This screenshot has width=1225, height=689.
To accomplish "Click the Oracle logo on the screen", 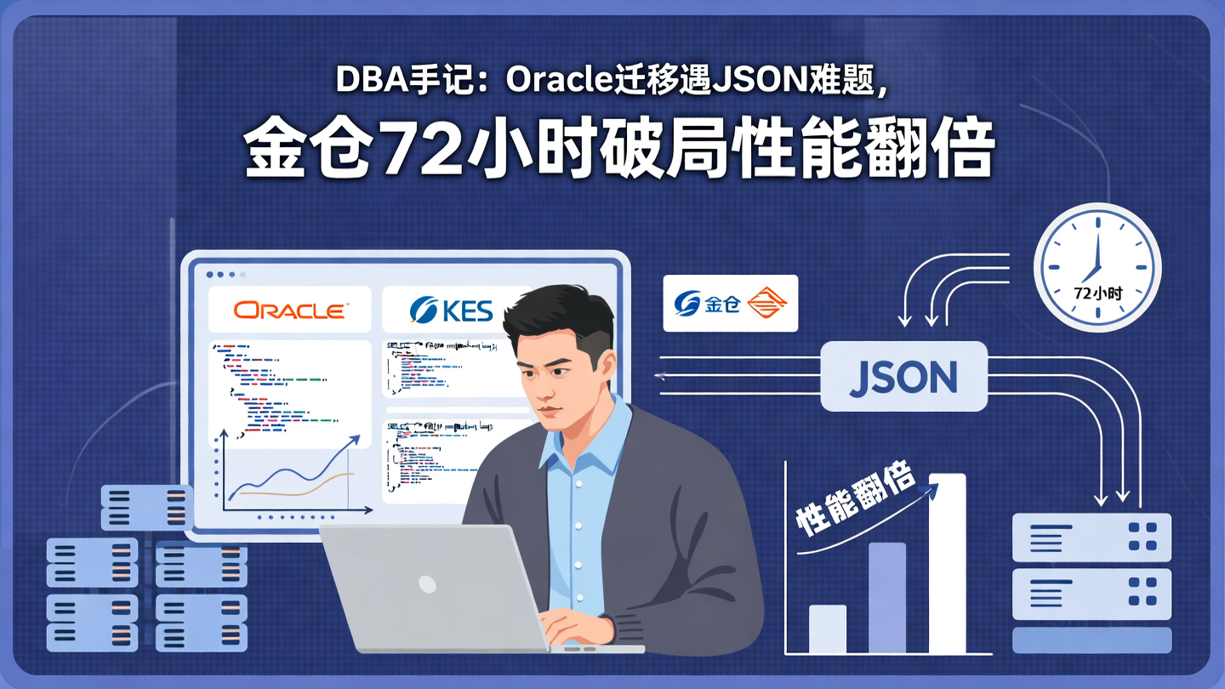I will click(289, 310).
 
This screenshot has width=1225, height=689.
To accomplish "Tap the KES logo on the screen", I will click(451, 310).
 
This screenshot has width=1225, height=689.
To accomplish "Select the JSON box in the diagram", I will click(903, 377).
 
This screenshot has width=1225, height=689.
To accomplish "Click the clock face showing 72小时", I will click(1097, 266).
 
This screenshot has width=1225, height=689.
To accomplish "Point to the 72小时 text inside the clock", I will click(1097, 293).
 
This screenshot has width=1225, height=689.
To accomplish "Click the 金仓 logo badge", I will click(731, 303).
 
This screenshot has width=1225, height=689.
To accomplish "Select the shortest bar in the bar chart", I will click(827, 629).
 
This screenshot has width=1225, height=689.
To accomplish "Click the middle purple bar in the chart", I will click(887, 597).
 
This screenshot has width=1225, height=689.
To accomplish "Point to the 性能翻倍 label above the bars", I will click(855, 502).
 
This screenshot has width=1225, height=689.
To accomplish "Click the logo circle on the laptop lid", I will click(427, 584).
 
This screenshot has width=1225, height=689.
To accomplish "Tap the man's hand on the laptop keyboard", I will click(587, 625).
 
